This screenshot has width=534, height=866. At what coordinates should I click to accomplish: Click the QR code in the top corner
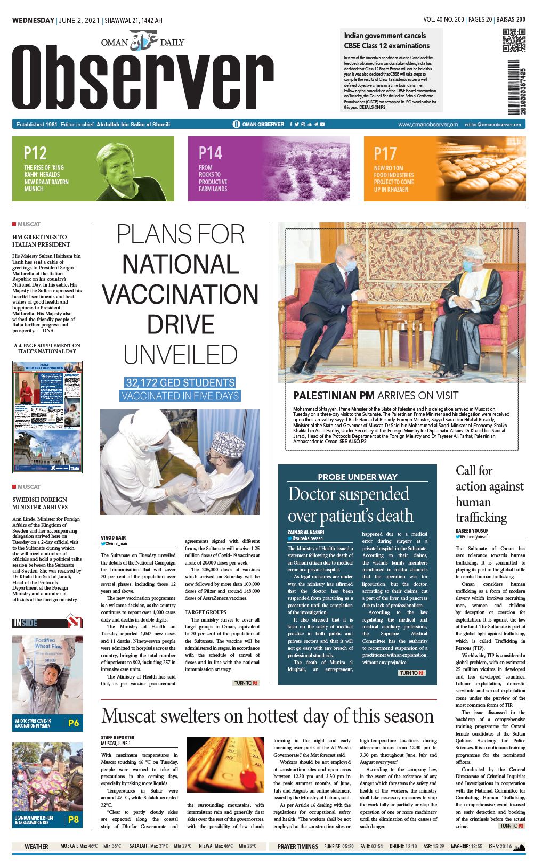(513, 40)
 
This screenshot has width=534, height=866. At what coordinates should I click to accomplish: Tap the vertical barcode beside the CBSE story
(514, 86)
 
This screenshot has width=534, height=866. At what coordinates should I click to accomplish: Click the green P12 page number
(35, 153)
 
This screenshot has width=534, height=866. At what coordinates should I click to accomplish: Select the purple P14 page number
(210, 153)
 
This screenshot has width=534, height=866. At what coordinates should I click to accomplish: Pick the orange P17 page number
(385, 154)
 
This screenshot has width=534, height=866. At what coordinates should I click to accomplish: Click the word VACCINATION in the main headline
(180, 295)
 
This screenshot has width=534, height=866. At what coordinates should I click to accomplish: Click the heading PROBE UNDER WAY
(357, 477)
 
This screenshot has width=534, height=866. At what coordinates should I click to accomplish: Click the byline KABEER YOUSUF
(472, 531)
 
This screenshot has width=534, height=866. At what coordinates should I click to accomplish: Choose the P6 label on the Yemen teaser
(73, 723)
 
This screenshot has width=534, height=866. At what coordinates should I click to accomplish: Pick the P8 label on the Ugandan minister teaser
(73, 820)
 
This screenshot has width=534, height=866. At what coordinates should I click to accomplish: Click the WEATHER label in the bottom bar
(36, 846)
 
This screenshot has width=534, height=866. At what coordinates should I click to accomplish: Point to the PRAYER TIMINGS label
(297, 846)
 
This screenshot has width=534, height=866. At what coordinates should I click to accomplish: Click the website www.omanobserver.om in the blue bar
(427, 124)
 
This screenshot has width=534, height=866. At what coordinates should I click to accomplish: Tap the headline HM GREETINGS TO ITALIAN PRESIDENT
(41, 241)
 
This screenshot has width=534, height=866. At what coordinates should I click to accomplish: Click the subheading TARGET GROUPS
(205, 612)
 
